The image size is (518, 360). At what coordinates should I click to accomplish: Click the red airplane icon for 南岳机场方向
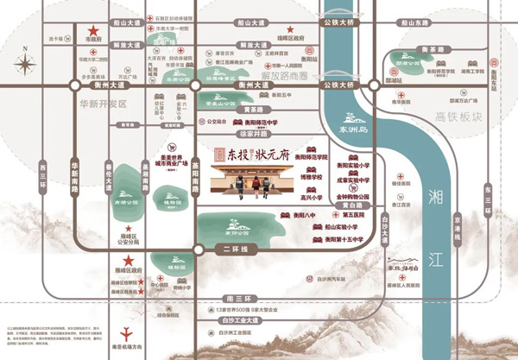click(x=128, y=332)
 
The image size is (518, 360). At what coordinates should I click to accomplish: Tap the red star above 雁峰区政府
click(x=127, y=261)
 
